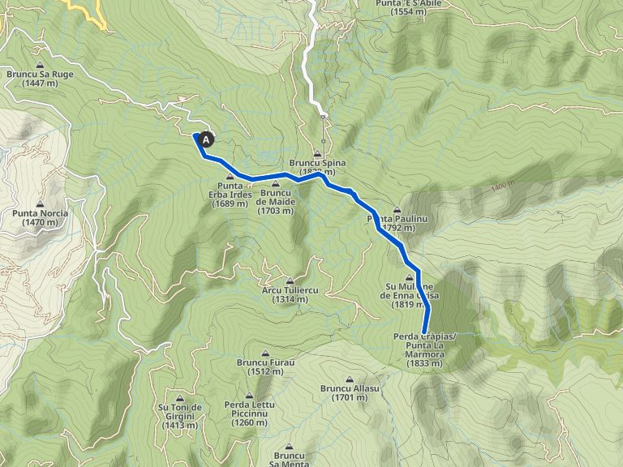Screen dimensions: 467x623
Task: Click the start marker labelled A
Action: [206, 140]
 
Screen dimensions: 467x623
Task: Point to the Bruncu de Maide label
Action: [276, 202]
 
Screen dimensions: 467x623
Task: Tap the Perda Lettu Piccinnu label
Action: [249, 413]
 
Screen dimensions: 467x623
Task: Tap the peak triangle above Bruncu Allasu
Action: [350, 379]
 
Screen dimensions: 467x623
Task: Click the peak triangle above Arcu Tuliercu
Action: [290, 281]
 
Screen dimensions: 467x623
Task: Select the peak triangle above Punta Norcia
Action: [40, 204]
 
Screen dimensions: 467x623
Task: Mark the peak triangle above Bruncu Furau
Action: [266, 353]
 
